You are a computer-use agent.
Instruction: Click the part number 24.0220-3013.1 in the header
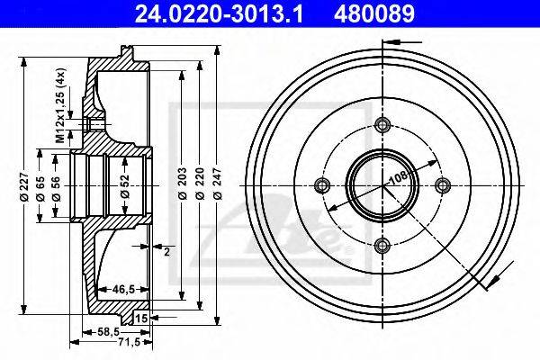[x=219, y=13]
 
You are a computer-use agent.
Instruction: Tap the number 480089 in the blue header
[x=374, y=13]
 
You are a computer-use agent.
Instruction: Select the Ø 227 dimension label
[x=23, y=186]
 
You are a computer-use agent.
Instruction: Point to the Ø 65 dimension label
[x=40, y=188]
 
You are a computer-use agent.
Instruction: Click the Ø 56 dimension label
[x=56, y=188]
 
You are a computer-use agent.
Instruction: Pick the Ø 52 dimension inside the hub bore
[x=125, y=186]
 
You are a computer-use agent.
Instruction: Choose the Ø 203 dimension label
[x=182, y=184]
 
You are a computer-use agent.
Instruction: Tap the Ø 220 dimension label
[x=200, y=184]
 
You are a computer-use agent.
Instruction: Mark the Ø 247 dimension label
[x=217, y=184]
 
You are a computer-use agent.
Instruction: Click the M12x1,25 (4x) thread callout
[x=60, y=105]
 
